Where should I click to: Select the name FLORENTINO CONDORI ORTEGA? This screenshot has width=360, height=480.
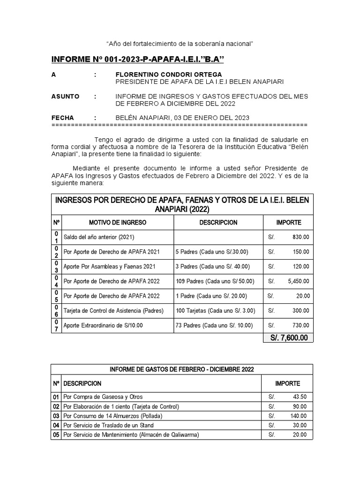pyautogui.click(x=169, y=75)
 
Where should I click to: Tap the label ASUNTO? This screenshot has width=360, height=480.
pyautogui.click(x=65, y=97)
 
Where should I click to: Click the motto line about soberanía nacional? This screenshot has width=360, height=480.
pyautogui.click(x=180, y=44)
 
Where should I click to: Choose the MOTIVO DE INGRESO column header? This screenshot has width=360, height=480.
pyautogui.click(x=118, y=223)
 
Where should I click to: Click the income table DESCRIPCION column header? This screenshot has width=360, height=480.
pyautogui.click(x=218, y=223)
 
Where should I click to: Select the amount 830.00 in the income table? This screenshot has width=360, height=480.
pyautogui.click(x=300, y=237)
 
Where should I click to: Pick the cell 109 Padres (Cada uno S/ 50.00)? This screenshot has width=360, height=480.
pyautogui.click(x=215, y=281)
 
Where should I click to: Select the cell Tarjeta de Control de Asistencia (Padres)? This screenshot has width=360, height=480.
pyautogui.click(x=113, y=311)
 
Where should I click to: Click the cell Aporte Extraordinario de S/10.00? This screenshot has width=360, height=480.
pyautogui.click(x=103, y=326)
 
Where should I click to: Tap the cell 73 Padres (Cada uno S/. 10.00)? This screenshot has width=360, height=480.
pyautogui.click(x=214, y=326)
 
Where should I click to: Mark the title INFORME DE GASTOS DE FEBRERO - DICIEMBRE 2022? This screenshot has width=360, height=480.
pyautogui.click(x=182, y=369)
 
